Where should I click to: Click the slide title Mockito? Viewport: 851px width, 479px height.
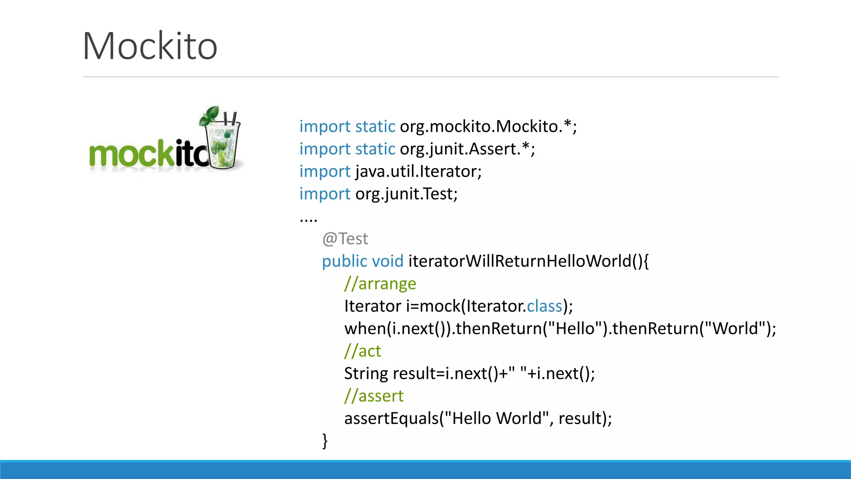coord(150,46)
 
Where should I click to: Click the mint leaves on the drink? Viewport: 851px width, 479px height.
coord(210,115)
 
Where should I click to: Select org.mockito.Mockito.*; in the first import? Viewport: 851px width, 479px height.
coord(488,126)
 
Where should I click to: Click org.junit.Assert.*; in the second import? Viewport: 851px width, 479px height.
coord(467,149)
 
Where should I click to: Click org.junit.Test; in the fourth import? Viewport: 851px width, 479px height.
coord(406,194)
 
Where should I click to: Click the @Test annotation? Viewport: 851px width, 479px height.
coord(345,239)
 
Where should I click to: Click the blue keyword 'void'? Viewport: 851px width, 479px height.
coord(387,261)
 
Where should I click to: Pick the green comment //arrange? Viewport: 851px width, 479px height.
coord(380,284)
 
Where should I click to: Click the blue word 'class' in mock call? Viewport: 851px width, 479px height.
coord(544,306)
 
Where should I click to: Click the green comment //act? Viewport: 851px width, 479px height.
coord(362,351)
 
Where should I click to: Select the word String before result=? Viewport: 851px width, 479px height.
coord(366,373)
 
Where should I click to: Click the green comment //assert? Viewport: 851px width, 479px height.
coord(374,396)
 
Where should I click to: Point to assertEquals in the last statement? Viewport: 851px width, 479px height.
coord(391,418)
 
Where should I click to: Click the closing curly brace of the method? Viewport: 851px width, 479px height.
coord(325,441)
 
